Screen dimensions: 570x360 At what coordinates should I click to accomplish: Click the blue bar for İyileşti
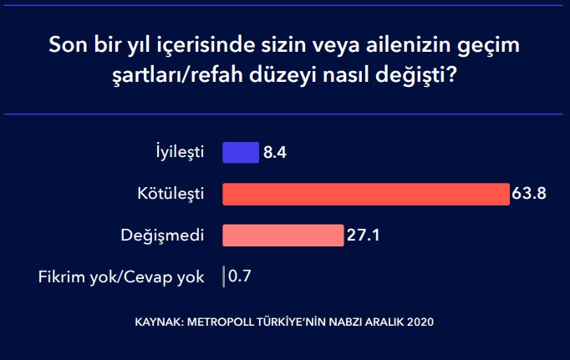(x=241, y=153)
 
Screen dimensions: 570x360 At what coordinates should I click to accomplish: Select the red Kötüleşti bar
(x=366, y=195)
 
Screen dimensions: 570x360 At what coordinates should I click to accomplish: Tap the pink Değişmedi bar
(x=283, y=236)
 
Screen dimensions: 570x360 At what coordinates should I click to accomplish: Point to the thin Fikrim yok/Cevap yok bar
(x=223, y=276)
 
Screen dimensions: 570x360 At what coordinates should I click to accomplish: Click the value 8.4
(x=275, y=153)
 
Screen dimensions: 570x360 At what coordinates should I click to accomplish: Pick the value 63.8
(x=529, y=193)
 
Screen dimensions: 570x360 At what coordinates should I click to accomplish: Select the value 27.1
(x=364, y=235)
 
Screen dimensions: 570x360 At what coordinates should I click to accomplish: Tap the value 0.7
(x=240, y=276)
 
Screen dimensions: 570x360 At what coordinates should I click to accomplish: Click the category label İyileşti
(x=180, y=152)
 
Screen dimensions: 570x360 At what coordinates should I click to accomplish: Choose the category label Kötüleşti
(x=170, y=194)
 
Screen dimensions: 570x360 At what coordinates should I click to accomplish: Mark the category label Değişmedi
(x=162, y=236)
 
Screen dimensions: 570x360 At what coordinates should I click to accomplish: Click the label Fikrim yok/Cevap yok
(x=121, y=277)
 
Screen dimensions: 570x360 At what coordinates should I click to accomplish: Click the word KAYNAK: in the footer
(x=160, y=322)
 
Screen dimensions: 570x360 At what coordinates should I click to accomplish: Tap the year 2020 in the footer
(x=420, y=322)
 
